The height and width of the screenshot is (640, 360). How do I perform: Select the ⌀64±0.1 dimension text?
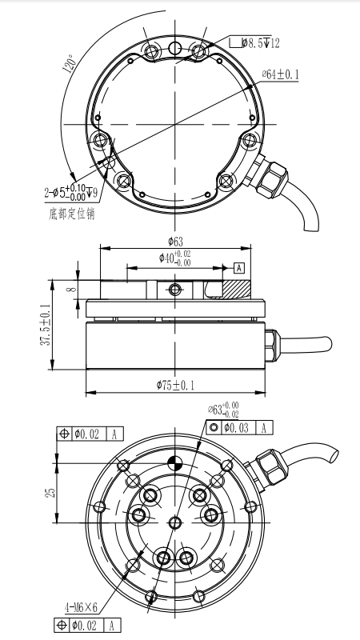[x=281, y=74]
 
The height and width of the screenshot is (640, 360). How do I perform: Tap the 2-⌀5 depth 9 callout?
[x=71, y=192]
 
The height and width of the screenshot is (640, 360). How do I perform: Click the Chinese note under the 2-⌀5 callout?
[x=72, y=214]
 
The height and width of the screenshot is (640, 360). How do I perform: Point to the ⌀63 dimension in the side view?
[x=175, y=242]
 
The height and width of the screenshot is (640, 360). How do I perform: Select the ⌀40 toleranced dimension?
[x=175, y=258]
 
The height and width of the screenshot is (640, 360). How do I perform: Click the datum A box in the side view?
[x=239, y=268]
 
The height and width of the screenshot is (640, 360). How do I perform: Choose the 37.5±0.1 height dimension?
[x=46, y=325]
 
